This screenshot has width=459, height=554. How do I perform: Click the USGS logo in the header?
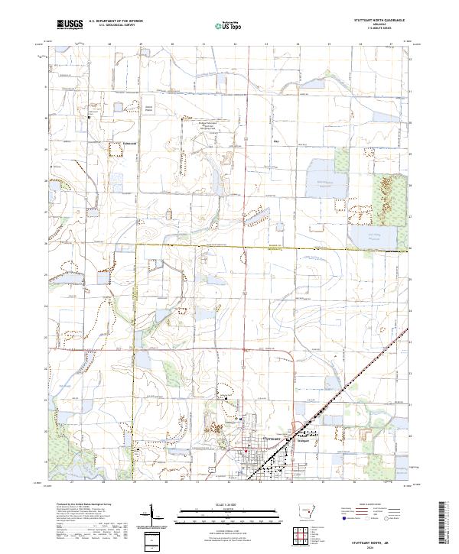pos(70,25)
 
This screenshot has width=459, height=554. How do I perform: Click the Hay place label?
pos(277,141)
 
